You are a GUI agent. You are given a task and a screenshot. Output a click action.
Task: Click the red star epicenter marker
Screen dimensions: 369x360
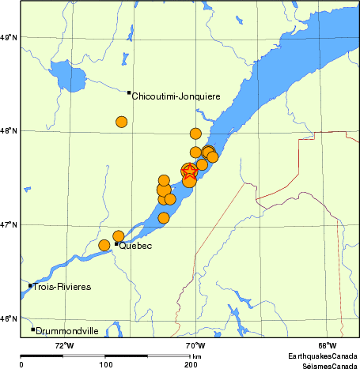click(190, 172)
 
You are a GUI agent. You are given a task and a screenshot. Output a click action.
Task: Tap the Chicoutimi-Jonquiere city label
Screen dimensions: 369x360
click(176, 96)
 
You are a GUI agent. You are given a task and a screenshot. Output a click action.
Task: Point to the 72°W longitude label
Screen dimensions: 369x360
click(64, 345)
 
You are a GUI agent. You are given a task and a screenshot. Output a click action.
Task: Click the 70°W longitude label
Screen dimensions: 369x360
click(195, 345)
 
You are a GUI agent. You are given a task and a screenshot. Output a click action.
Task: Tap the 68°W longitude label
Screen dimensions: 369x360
click(327, 345)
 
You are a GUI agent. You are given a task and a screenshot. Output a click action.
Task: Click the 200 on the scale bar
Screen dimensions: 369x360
click(191, 365)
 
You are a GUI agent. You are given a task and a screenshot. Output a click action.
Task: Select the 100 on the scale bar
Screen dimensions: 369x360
click(105, 365)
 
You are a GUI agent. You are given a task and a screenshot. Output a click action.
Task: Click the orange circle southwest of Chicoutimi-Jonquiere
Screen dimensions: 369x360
click(121, 122)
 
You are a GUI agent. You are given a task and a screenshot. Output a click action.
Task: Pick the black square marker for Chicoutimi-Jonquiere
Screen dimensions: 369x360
click(129, 92)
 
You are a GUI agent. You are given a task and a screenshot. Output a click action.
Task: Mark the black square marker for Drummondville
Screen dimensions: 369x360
click(32, 329)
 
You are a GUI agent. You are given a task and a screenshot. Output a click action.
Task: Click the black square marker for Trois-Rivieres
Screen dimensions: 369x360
click(30, 285)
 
